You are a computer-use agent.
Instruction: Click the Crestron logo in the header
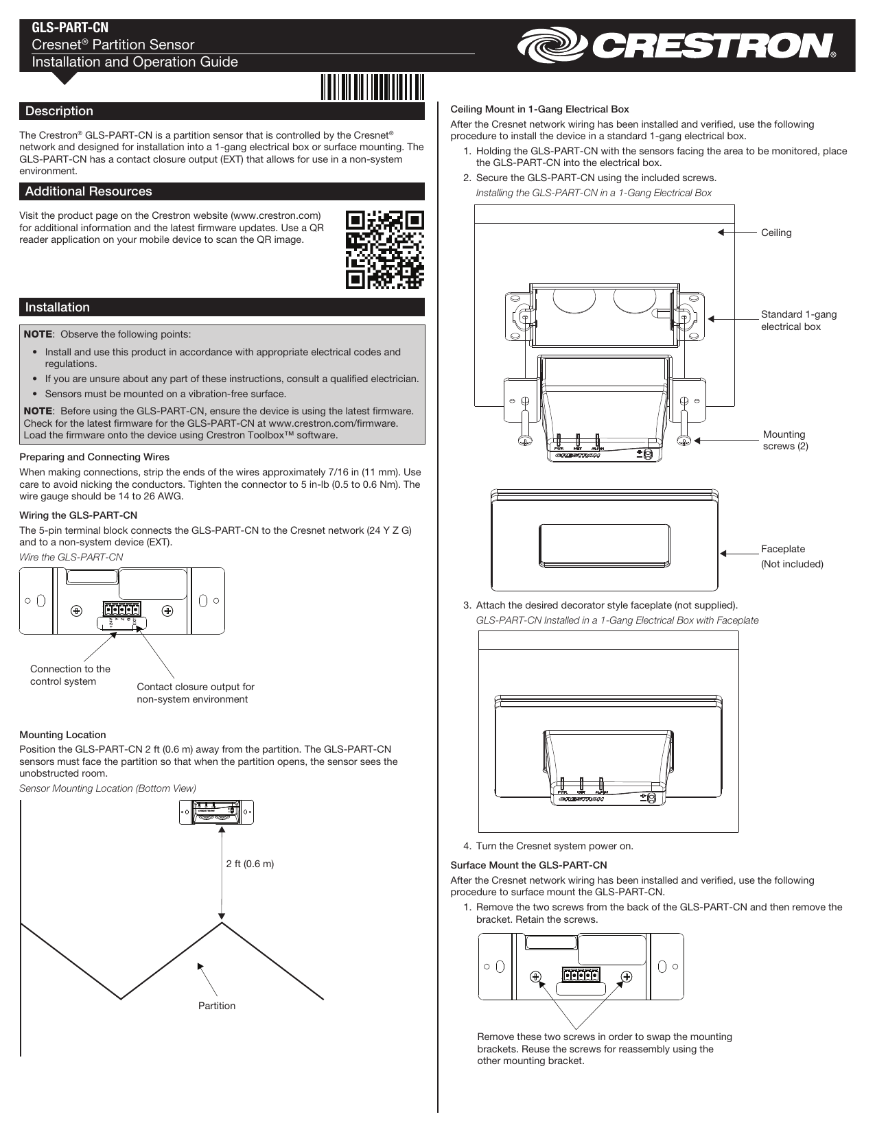coord(676,46)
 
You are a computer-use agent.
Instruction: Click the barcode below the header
coord(371,88)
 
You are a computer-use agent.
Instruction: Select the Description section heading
coord(60,111)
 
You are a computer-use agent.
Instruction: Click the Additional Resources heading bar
coord(89,191)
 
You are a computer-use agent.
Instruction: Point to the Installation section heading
coord(58,307)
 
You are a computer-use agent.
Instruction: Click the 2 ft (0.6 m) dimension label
coord(250,864)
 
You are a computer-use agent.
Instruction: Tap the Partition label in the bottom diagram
coord(217,1006)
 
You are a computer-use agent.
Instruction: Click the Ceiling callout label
coord(776,233)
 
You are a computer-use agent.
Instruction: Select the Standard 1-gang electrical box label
coord(798,320)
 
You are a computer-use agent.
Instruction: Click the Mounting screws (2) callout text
coord(785,440)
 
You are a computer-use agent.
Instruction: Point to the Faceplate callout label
coord(783,549)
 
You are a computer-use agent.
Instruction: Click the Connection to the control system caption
coord(70,675)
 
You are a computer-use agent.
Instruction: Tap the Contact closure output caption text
coord(195,693)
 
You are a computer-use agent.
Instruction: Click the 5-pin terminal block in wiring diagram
coord(122,609)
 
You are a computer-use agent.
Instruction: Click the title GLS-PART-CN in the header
coord(71,27)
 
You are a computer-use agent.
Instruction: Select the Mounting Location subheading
coord(62,735)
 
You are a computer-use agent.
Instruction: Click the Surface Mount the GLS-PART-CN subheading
coord(528,865)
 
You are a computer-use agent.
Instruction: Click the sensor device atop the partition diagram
coord(216,812)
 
